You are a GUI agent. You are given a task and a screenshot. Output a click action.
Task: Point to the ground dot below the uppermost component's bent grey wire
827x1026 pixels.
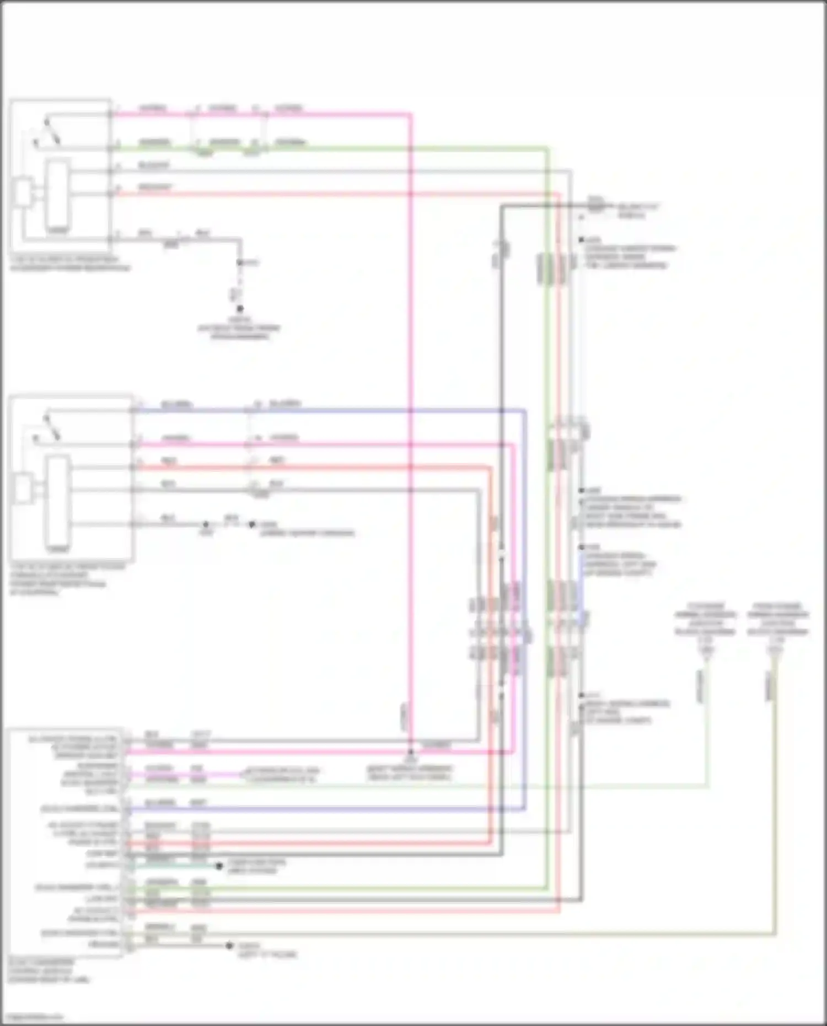tap(240, 309)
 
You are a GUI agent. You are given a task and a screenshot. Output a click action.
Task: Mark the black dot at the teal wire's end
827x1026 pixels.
tap(219, 866)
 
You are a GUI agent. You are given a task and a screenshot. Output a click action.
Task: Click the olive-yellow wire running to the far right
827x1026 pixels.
tap(441, 934)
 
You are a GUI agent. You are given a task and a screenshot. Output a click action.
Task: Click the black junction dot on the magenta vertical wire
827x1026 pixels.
tap(410, 751)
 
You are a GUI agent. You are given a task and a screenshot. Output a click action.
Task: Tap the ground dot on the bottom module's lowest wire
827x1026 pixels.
tap(229, 946)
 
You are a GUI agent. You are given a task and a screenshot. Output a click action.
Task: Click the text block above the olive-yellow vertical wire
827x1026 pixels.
tap(777, 619)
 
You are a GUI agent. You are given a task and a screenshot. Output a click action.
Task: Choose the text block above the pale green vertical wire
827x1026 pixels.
tap(705, 619)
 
